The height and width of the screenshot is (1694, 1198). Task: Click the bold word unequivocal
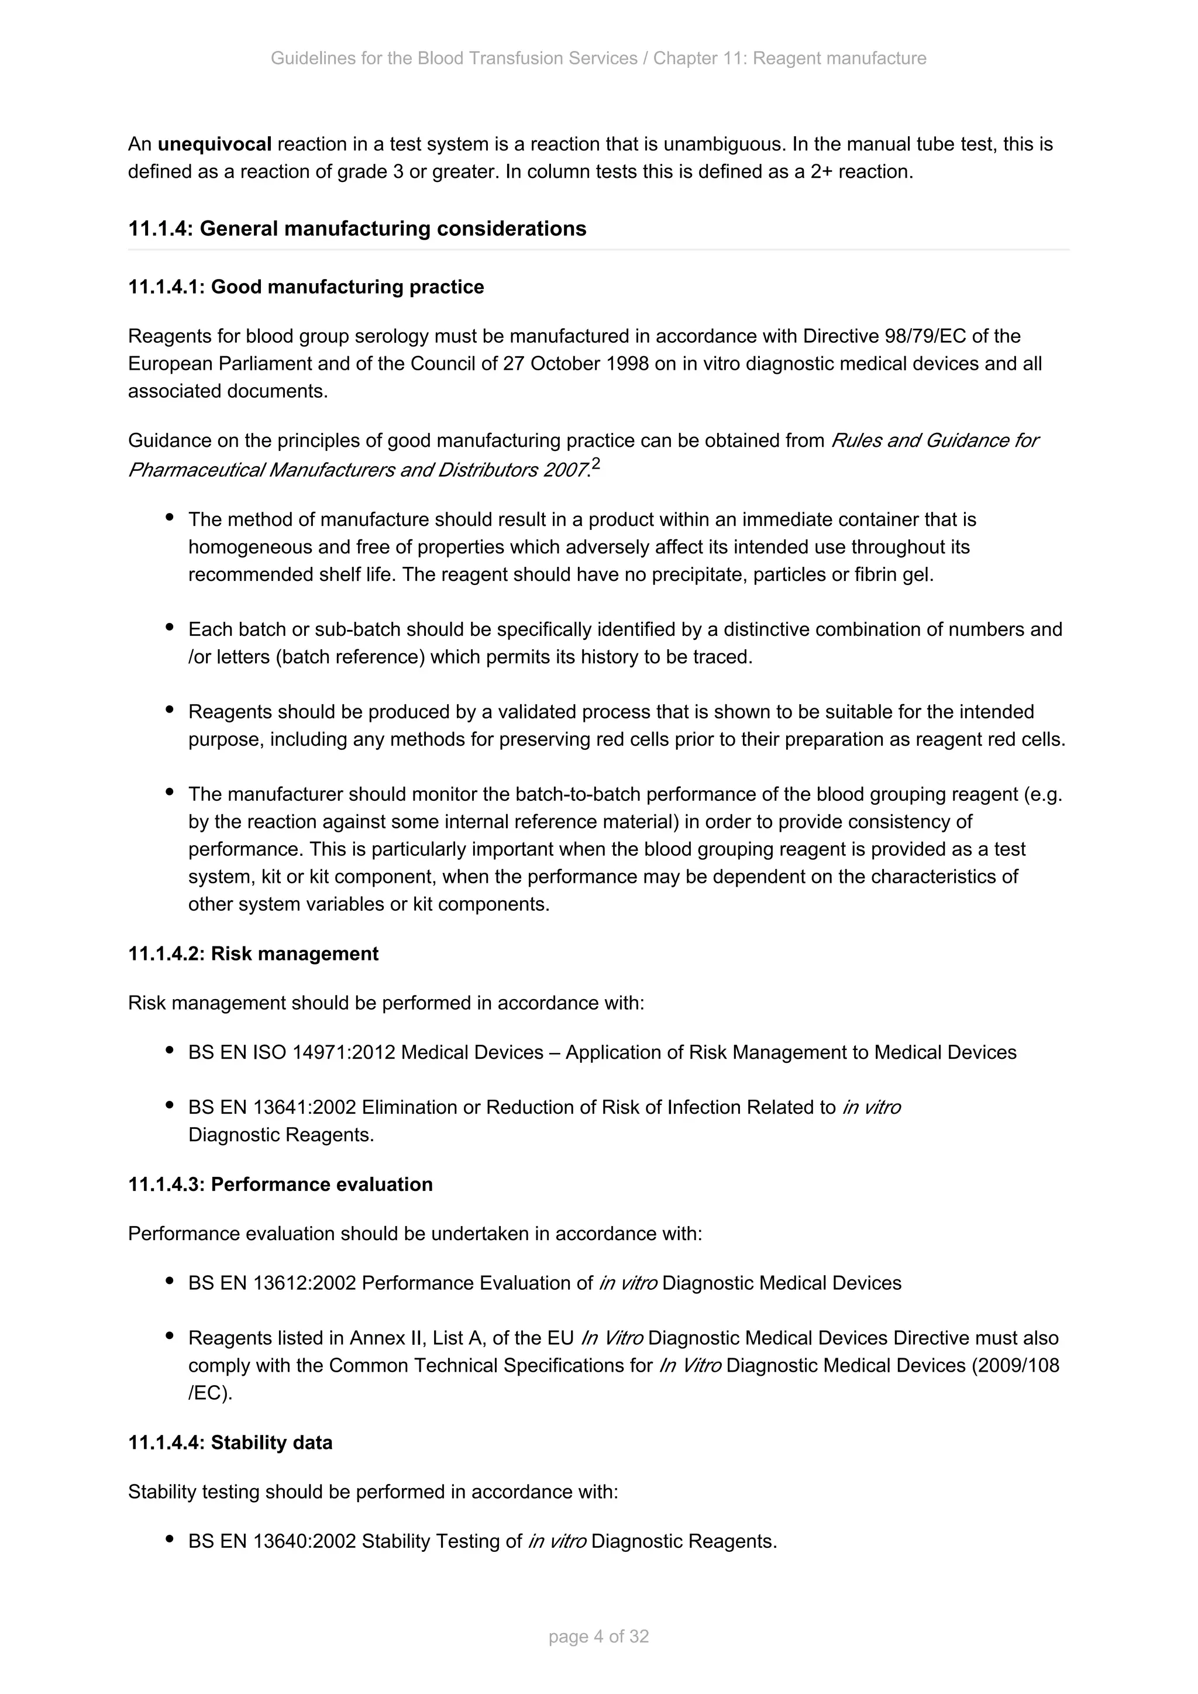point(214,144)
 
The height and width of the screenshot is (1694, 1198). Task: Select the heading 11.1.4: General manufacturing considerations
point(357,229)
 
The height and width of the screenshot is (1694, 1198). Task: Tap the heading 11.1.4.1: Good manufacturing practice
point(306,287)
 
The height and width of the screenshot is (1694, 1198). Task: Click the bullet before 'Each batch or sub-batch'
point(170,628)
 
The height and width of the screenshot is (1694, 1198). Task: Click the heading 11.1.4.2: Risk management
point(253,954)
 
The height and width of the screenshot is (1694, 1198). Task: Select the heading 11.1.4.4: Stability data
point(230,1442)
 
